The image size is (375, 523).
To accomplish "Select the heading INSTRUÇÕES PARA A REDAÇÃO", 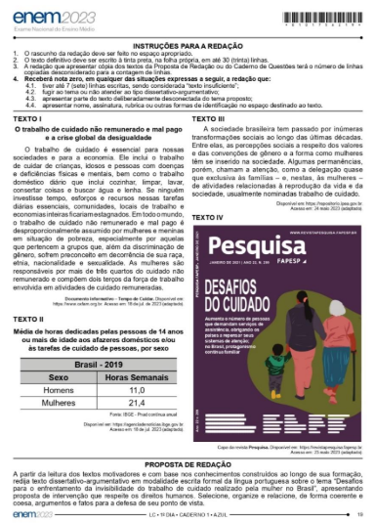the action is (187, 45).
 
